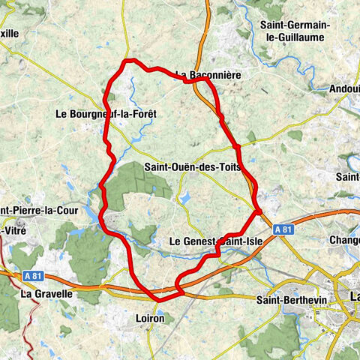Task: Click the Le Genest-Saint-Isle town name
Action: [213, 241]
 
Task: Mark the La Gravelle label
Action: [46, 294]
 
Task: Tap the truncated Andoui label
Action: [343, 88]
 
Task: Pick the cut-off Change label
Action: [344, 241]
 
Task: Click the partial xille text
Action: [10, 34]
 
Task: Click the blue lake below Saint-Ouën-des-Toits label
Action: [185, 198]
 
